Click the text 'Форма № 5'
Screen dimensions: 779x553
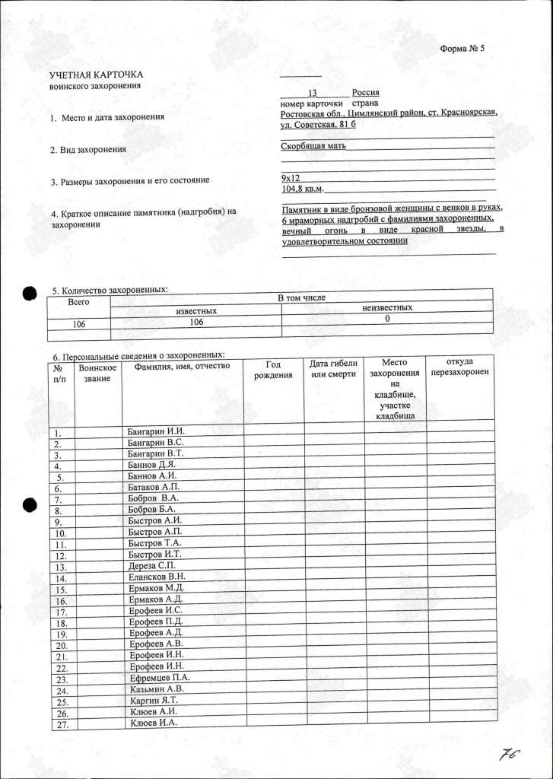[462, 49]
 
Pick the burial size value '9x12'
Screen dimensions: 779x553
[291, 177]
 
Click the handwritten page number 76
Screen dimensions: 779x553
[509, 755]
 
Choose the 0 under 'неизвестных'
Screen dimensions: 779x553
[387, 319]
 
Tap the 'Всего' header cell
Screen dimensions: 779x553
[79, 302]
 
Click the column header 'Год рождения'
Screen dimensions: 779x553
[273, 370]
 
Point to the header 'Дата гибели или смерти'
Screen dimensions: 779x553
[333, 370]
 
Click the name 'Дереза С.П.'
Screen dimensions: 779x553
[153, 567]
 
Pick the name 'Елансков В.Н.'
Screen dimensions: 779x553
[157, 577]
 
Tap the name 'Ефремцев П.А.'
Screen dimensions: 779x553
[159, 677]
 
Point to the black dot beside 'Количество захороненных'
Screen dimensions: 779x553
[30, 294]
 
